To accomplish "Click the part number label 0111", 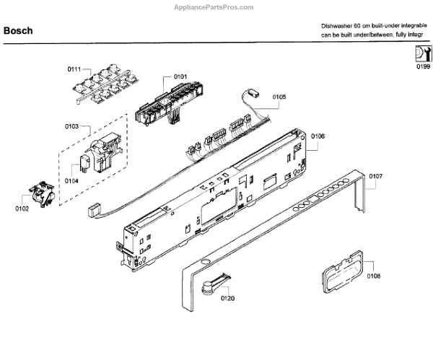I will [x=74, y=69].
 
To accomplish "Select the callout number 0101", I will [x=180, y=76].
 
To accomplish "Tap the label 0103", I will [x=71, y=126].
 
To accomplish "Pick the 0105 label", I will [x=279, y=97].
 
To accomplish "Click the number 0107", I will [x=375, y=176].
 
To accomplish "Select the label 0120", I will [x=228, y=298].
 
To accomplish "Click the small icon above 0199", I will [x=422, y=54].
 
